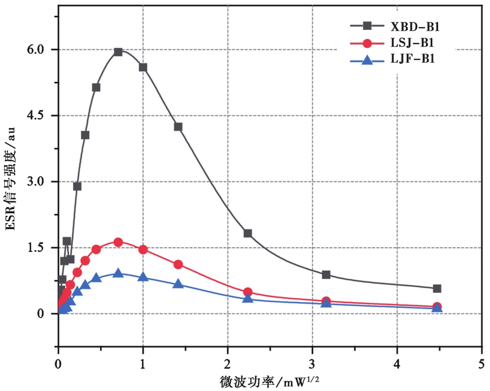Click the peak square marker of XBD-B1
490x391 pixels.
[118, 52]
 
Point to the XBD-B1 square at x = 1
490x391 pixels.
[143, 67]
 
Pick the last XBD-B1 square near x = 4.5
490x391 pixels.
[437, 288]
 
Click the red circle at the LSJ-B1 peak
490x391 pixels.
[118, 242]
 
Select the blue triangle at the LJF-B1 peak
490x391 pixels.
[118, 273]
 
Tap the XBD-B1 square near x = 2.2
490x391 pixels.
[248, 233]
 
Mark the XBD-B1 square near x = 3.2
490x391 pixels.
[326, 275]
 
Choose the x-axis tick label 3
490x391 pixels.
[312, 364]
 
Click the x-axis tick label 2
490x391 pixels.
[228, 364]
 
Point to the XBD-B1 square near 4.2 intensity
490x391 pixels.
[178, 127]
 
